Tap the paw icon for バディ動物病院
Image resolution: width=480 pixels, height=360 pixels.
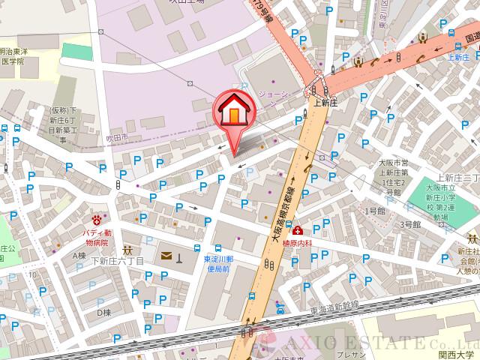[x=96, y=219]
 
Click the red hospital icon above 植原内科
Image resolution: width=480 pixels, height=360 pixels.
[x=298, y=230]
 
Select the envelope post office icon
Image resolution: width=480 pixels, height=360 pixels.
[x=166, y=257]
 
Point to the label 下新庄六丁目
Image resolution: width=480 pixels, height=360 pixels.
[x=117, y=260]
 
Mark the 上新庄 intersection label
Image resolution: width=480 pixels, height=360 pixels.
[x=327, y=104]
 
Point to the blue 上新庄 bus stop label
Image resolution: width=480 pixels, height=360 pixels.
[x=457, y=56]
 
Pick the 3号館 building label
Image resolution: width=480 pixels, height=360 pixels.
[x=409, y=224]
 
